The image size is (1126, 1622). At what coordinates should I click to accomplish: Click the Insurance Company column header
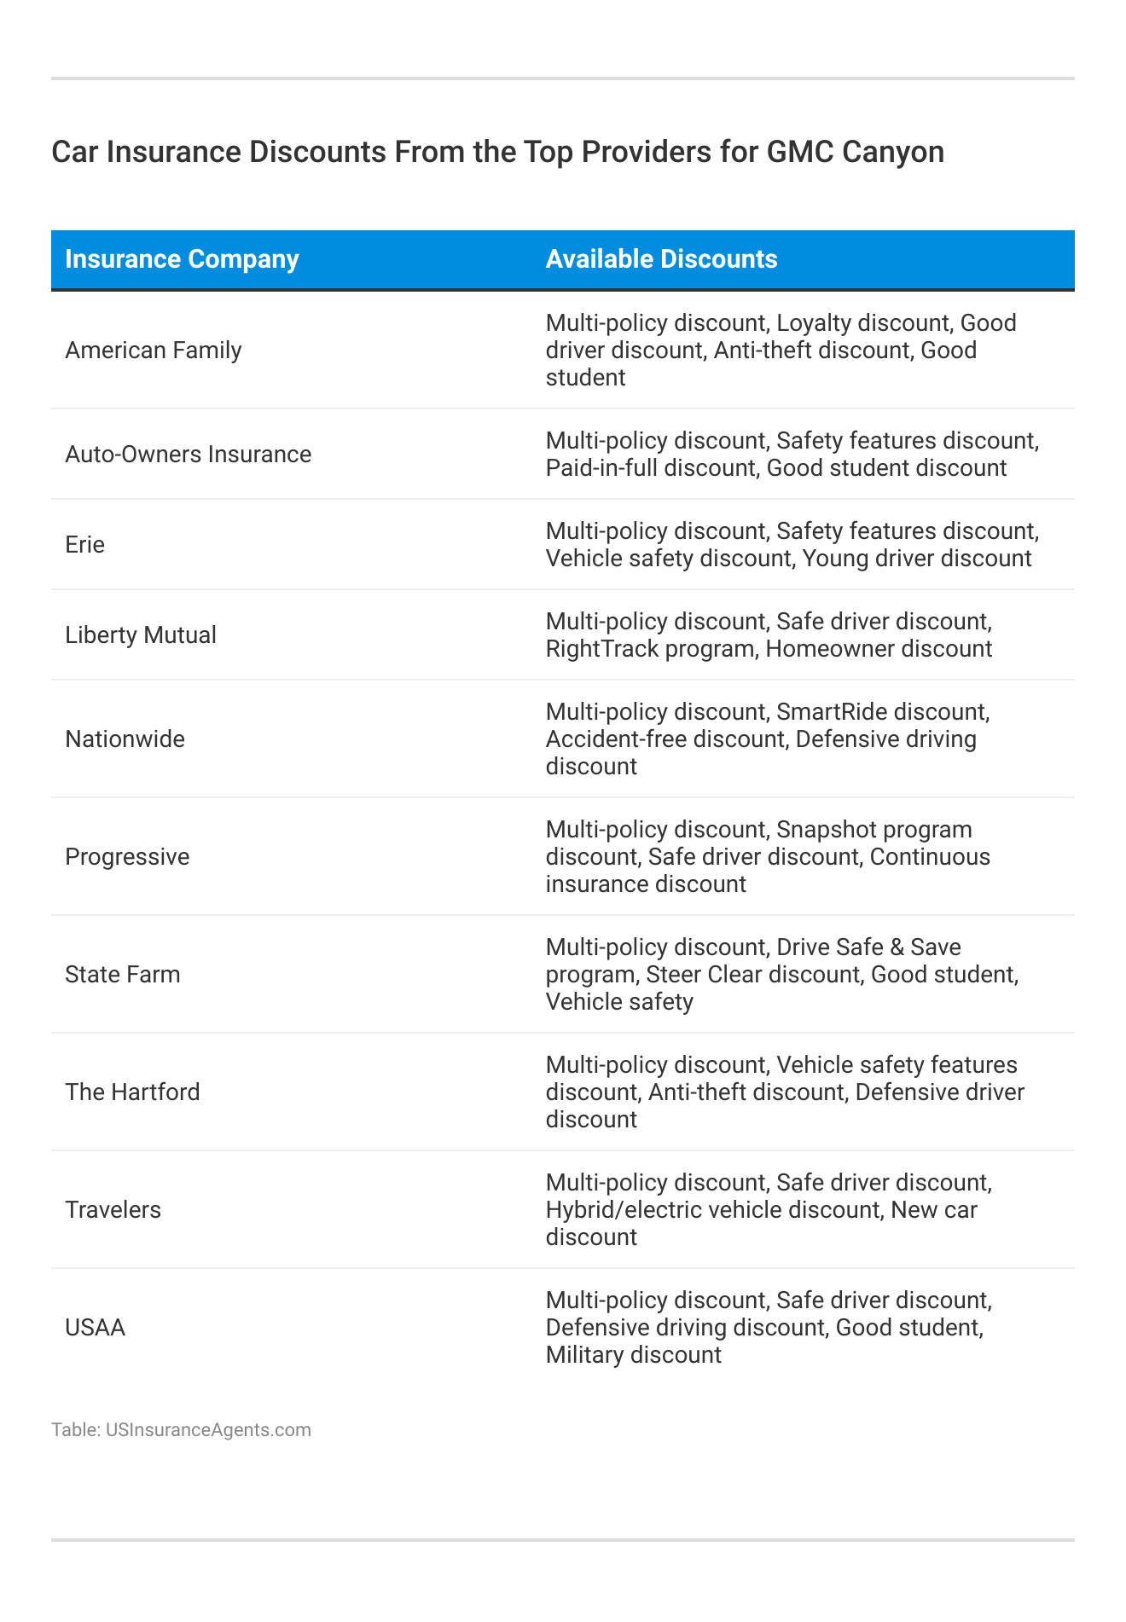coord(182,259)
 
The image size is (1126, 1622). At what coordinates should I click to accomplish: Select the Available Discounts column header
coord(661,259)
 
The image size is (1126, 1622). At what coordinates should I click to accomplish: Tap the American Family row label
coord(154,350)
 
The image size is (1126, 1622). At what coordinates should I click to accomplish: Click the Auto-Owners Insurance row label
coord(189,455)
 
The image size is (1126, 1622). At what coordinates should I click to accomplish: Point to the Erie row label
coord(85,545)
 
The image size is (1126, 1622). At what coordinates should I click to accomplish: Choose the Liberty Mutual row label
coord(141,635)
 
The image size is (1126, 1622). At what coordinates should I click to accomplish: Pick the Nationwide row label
coord(125,739)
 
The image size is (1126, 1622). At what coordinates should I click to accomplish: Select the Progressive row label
coord(127,857)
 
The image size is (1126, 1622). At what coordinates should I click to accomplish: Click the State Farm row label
coord(123,975)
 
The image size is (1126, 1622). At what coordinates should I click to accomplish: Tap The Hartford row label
coord(132,1092)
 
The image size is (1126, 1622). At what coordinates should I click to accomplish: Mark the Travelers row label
coord(113,1210)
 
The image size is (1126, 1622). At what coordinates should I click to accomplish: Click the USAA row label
coord(96,1328)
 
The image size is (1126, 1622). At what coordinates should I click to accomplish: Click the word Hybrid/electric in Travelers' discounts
coord(626,1210)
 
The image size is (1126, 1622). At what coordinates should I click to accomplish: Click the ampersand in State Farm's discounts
coord(893,947)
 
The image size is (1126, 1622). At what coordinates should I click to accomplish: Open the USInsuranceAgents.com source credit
coord(208,1430)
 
